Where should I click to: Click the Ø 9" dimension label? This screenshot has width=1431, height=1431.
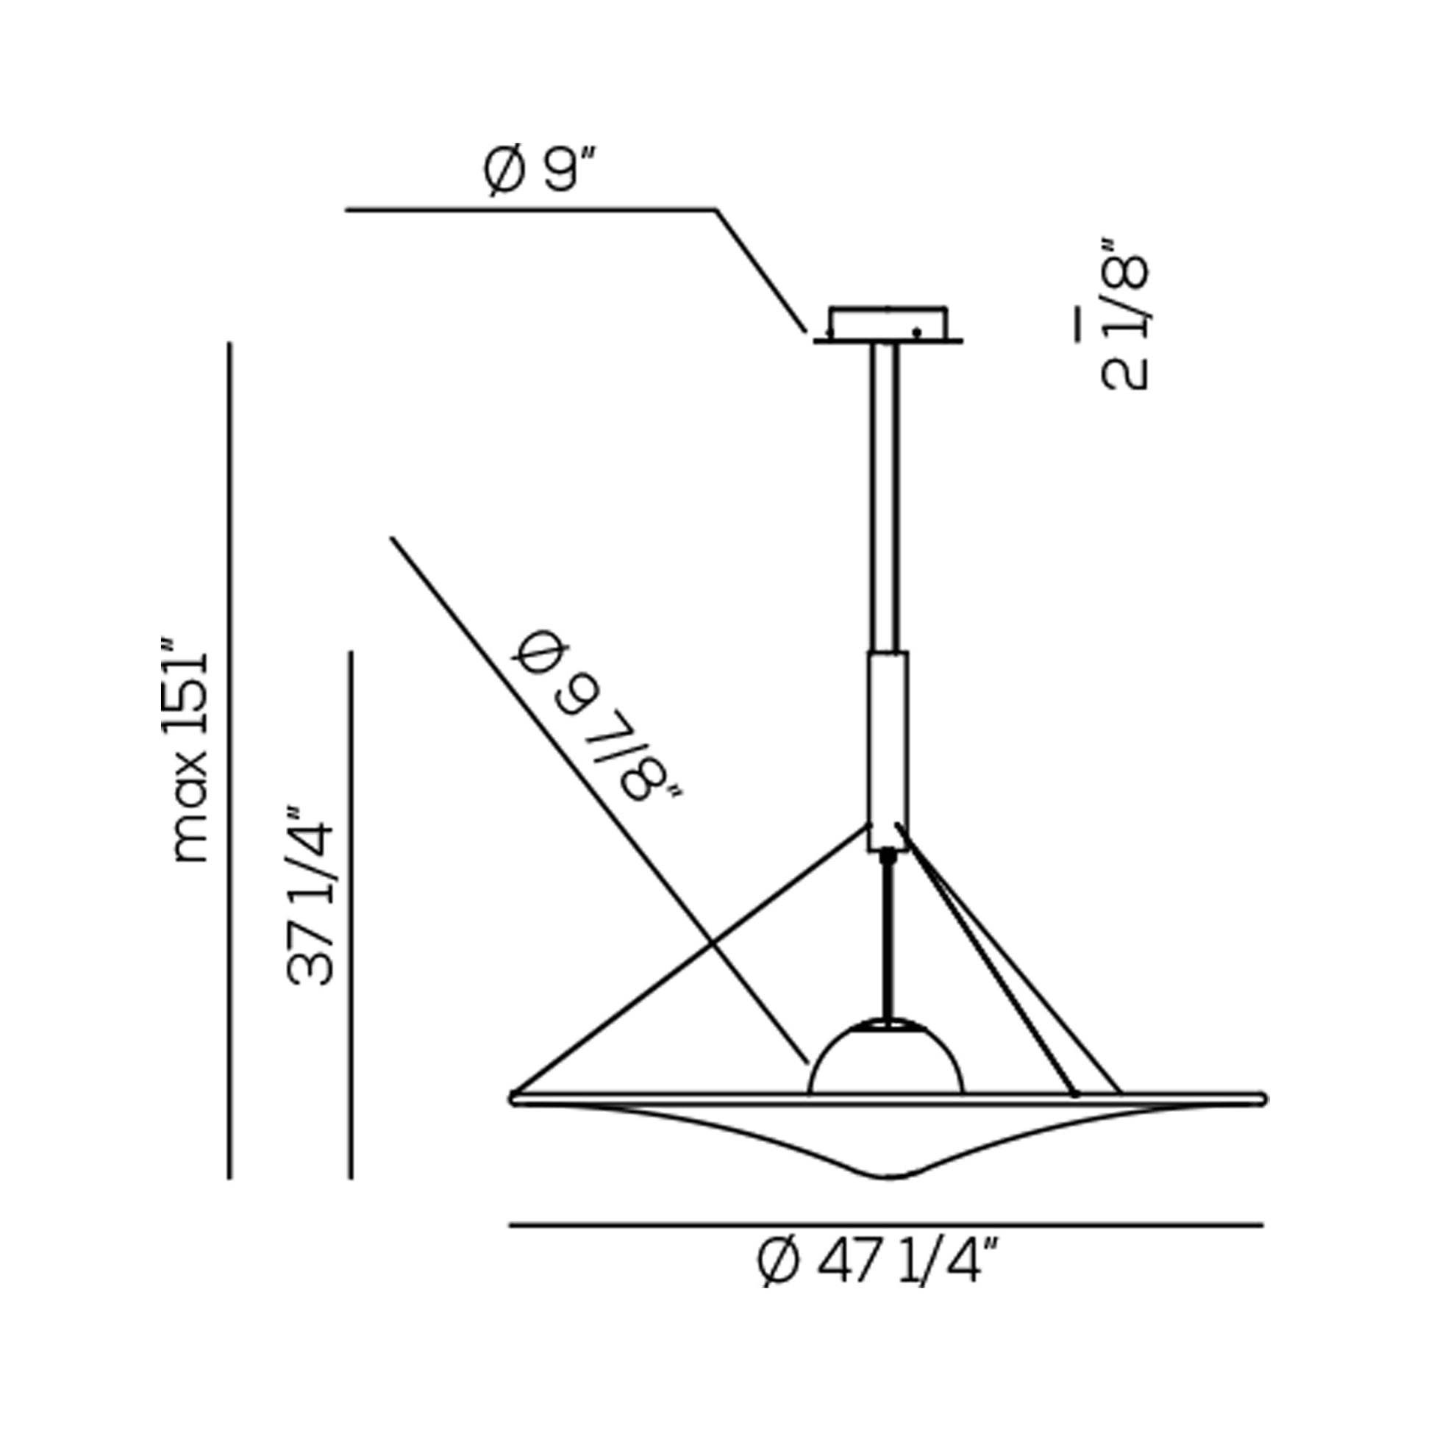click(539, 170)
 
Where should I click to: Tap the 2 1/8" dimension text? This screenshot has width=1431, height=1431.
click(1124, 313)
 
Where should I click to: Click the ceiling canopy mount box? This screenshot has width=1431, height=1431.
click(888, 324)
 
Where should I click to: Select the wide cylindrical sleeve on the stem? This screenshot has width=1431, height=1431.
click(888, 751)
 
